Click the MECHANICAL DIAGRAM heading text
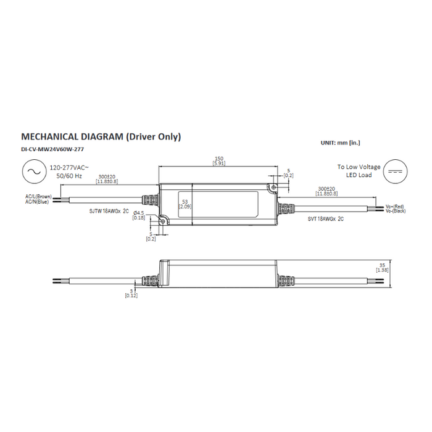pyautogui.click(x=101, y=137)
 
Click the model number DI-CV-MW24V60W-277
pyautogui.click(x=52, y=150)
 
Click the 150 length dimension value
pyautogui.click(x=218, y=159)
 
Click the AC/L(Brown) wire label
pyautogui.click(x=39, y=196)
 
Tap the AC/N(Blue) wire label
pyautogui.click(x=37, y=202)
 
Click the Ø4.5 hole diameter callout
pyautogui.click(x=139, y=213)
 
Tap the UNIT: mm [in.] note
pyautogui.click(x=340, y=143)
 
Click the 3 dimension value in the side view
pyautogui.click(x=131, y=291)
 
